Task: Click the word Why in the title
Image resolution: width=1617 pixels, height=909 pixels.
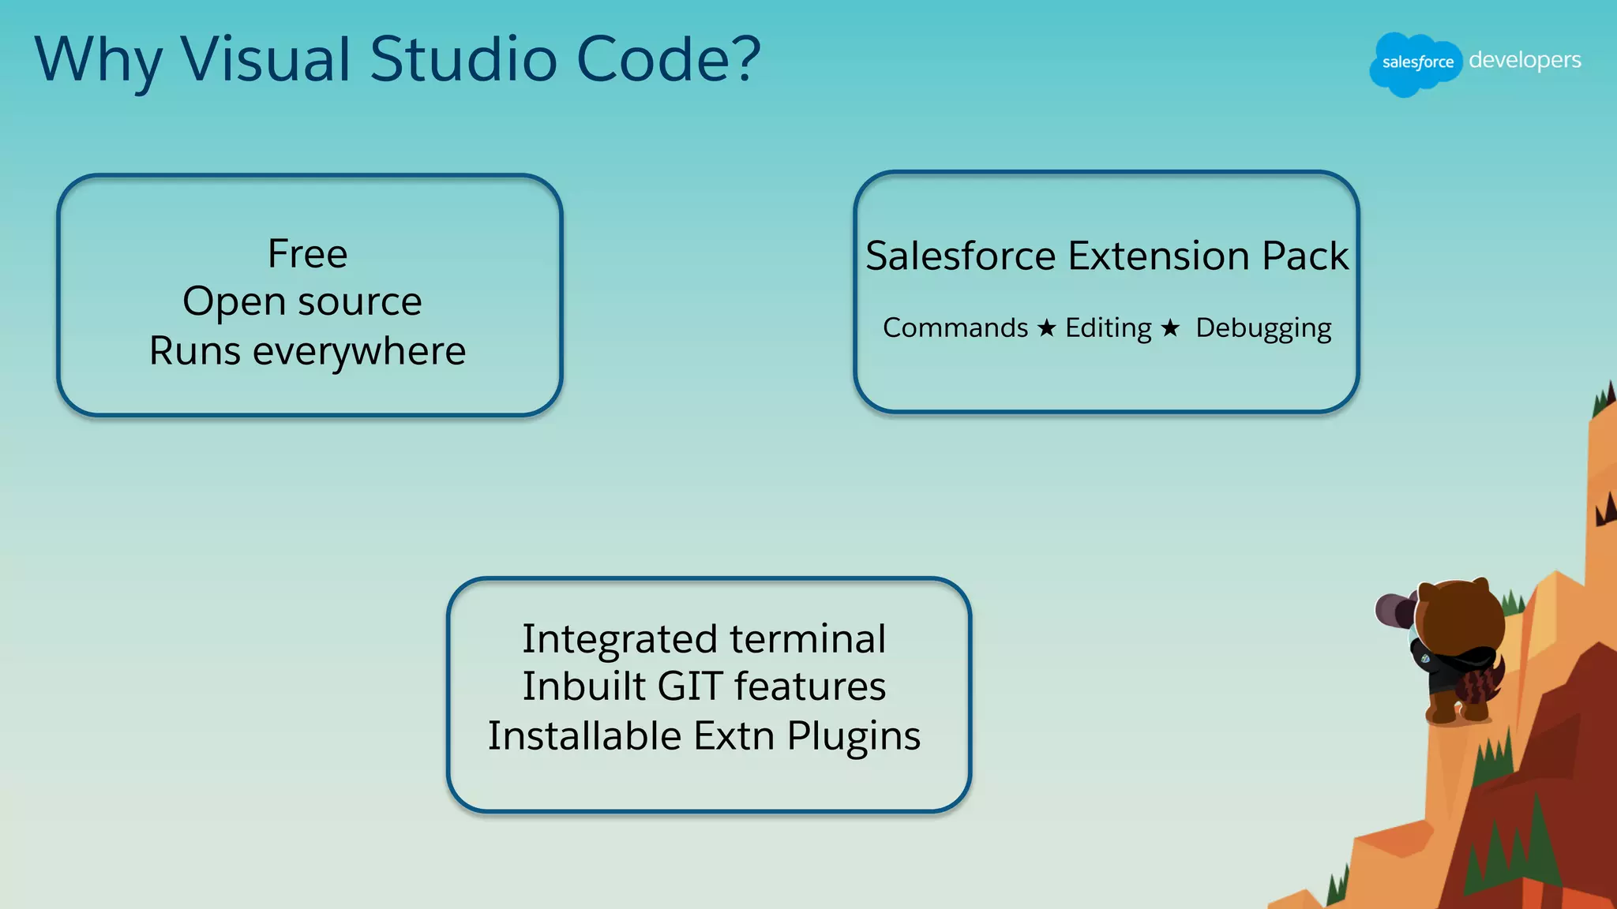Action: pyautogui.click(x=97, y=60)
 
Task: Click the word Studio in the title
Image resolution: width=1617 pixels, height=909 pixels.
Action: pyautogui.click(x=463, y=60)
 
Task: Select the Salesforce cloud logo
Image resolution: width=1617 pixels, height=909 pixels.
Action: pyautogui.click(x=1416, y=63)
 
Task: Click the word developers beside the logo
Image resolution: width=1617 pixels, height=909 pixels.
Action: pyautogui.click(x=1525, y=60)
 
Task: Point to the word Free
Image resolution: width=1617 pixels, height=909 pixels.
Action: pyautogui.click(x=307, y=254)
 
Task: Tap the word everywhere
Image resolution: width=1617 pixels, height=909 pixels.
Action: pyautogui.click(x=359, y=351)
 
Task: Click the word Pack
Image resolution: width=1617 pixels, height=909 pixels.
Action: pyautogui.click(x=1305, y=256)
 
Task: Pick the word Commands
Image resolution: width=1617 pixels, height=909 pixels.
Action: pyautogui.click(x=955, y=327)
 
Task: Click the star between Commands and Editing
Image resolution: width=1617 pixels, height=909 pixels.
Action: pyautogui.click(x=1046, y=327)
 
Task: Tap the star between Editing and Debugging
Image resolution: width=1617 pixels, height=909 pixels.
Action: pyautogui.click(x=1170, y=327)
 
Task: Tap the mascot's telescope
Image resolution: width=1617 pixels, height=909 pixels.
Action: pyautogui.click(x=1394, y=609)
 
